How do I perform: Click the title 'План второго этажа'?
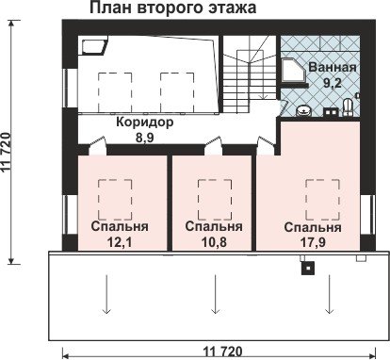click(173, 8)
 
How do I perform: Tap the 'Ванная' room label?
click(333, 67)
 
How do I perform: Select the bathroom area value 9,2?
click(333, 83)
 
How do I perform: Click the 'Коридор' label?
click(145, 122)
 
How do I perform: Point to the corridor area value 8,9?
click(145, 138)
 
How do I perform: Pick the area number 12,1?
click(119, 242)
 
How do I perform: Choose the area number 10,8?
click(214, 242)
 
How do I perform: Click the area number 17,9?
click(313, 242)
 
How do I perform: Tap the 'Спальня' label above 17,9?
click(313, 227)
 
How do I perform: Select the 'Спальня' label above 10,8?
click(214, 226)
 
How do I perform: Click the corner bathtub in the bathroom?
click(293, 71)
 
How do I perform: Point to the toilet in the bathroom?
click(348, 107)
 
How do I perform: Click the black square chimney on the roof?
click(308, 268)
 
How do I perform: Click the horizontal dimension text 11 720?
click(223, 351)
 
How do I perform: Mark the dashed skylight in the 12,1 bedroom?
click(115, 200)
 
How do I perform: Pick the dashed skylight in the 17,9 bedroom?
click(323, 200)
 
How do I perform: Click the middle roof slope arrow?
click(215, 294)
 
